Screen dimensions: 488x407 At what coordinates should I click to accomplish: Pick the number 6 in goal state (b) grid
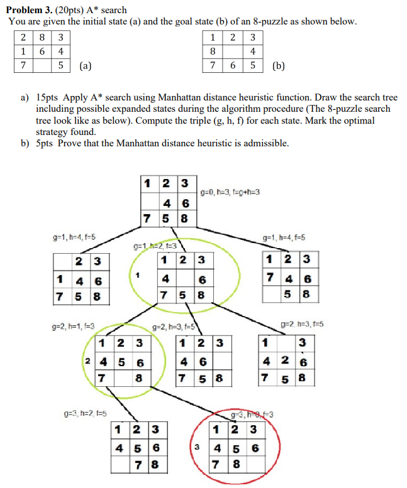click(x=233, y=65)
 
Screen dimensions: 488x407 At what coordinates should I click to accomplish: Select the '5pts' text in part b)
click(x=45, y=143)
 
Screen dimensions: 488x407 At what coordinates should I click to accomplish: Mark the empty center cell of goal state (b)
click(x=233, y=51)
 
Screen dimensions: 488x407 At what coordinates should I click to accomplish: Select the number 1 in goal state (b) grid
click(x=214, y=36)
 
